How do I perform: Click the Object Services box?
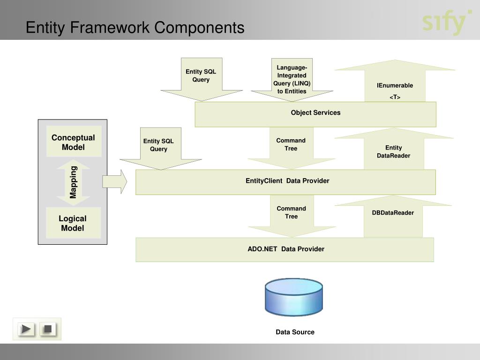coord(315,114)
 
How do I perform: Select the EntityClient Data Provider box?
coord(285,182)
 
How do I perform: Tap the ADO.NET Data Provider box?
coord(285,249)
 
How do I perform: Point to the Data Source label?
coord(295,332)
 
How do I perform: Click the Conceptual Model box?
coord(73,142)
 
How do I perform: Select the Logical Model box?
coord(73,223)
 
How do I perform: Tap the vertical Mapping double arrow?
coord(73,182)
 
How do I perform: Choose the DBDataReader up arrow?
coord(393,216)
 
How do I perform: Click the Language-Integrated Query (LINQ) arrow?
coord(292,80)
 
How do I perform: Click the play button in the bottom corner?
coord(27,329)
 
